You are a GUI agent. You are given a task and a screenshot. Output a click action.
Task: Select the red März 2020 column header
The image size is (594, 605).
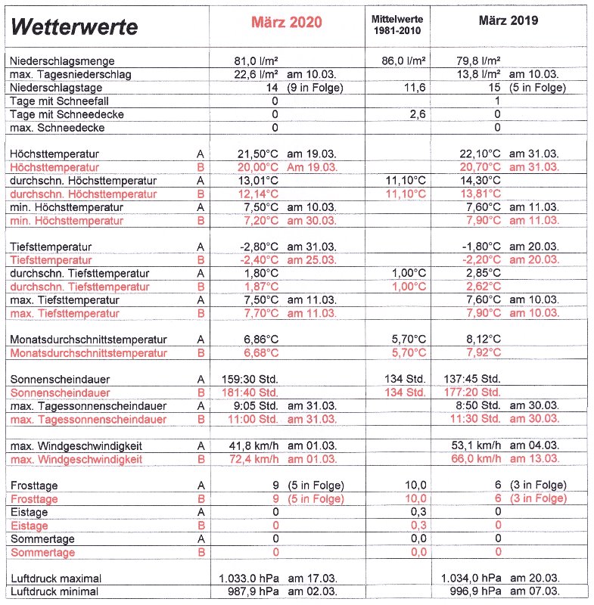[286, 22]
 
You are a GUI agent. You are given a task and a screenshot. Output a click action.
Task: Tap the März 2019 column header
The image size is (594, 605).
[508, 20]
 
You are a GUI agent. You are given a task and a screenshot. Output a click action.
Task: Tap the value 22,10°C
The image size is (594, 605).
[480, 154]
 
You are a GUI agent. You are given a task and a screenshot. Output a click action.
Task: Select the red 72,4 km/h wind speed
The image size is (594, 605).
[253, 459]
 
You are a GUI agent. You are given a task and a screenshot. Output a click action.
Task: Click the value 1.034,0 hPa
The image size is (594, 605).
[471, 578]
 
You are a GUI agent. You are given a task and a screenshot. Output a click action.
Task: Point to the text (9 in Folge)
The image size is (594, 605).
[316, 88]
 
